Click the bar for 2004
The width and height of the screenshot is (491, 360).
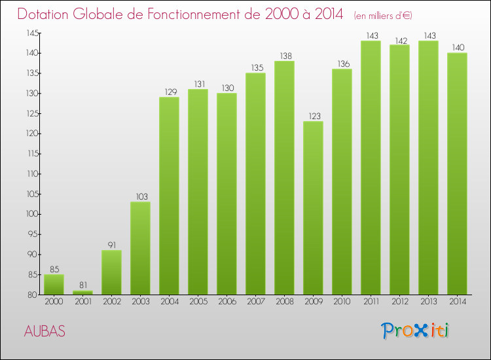point(169,196)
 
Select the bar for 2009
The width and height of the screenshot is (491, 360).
point(313,207)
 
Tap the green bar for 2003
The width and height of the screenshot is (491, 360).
point(140,248)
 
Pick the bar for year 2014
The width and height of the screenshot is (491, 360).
point(457,173)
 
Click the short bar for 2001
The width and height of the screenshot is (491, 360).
point(82,293)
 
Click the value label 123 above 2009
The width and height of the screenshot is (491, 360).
point(313,117)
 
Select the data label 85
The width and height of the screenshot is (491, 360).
point(54,270)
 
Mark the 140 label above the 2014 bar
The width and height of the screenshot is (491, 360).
point(457,48)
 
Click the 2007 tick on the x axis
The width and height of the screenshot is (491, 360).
point(255,302)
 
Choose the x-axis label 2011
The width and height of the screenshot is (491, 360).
point(371,302)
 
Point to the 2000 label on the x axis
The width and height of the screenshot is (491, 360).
point(54,302)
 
